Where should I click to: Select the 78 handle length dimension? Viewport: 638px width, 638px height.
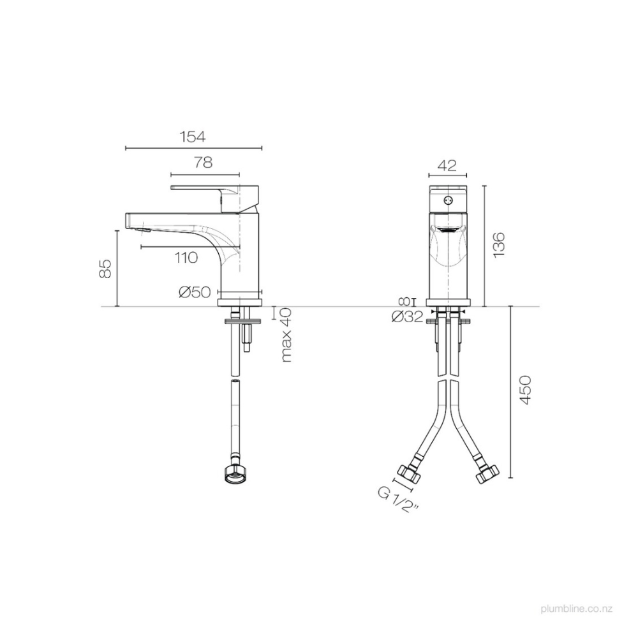203,163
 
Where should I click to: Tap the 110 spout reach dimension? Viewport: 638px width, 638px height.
186,257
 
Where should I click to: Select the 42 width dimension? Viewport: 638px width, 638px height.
448,165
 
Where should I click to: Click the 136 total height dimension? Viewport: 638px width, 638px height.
499,245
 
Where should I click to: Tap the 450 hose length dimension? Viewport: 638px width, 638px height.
525,390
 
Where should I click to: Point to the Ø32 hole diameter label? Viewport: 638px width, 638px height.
407,317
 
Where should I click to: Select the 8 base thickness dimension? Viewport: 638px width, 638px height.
404,301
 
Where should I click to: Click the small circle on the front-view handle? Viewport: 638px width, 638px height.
448,200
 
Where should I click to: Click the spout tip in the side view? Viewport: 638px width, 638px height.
131,221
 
